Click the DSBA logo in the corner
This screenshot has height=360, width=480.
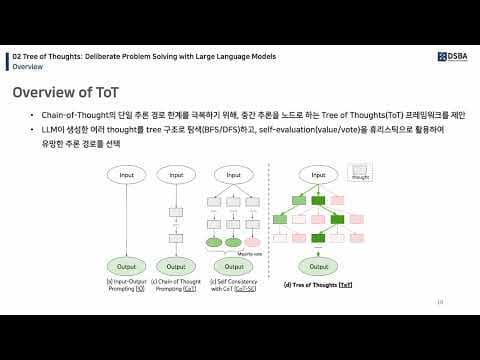455,56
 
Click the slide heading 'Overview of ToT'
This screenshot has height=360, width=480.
66,93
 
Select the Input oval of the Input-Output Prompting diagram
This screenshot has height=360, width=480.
127,175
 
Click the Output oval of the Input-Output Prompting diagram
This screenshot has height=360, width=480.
127,266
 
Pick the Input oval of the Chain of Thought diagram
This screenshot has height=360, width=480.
176,175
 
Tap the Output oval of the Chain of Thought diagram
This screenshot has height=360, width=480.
176,266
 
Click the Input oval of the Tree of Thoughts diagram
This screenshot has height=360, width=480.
317,175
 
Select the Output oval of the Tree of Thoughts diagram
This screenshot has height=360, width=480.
317,266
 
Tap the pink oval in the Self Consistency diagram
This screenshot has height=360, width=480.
252,242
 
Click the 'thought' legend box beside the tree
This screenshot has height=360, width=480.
360,176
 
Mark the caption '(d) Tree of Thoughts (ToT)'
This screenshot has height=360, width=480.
318,285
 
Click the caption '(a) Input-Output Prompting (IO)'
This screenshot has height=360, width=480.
127,285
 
